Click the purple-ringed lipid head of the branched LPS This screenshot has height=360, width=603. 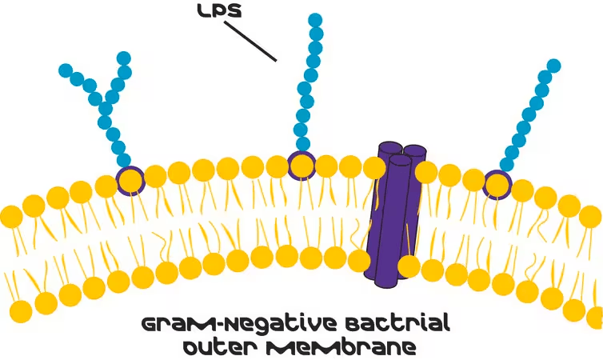coord(130,181)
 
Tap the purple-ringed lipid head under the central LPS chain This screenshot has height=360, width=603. coord(301,165)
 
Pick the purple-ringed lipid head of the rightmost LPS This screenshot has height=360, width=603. coord(497,184)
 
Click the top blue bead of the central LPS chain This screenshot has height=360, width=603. coord(315,19)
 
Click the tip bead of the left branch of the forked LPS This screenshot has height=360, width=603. coord(66,70)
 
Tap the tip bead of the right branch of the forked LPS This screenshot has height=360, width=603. coord(124,58)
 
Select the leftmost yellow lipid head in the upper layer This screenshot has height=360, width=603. coord(10,216)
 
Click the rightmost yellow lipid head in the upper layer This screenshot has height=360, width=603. coord(591,216)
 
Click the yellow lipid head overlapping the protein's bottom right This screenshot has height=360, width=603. coord(409,266)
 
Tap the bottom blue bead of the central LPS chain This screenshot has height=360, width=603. coord(301,144)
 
